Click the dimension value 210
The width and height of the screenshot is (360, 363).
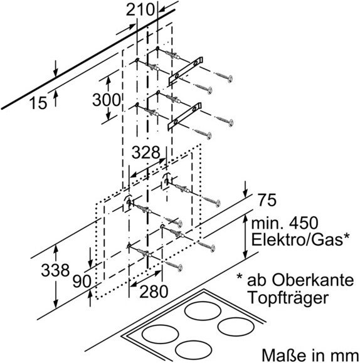click(x=140, y=10)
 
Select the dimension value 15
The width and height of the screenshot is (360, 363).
click(x=38, y=103)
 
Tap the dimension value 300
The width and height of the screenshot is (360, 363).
click(x=107, y=100)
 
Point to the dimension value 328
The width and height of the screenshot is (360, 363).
click(x=146, y=152)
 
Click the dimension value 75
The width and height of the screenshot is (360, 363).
click(x=267, y=200)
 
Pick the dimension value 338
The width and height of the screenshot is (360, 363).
click(x=55, y=270)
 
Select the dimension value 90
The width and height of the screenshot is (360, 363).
click(x=82, y=281)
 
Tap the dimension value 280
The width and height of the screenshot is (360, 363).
click(x=154, y=292)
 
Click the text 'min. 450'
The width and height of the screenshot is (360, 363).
click(x=285, y=223)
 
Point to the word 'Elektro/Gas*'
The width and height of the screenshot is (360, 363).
click(x=300, y=239)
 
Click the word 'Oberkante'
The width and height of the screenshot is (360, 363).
click(x=313, y=280)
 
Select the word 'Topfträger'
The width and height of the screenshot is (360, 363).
click(x=289, y=297)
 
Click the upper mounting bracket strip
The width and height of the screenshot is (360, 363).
click(x=186, y=70)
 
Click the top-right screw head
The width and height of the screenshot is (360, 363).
click(x=230, y=78)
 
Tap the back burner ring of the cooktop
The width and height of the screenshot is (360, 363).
click(x=203, y=311)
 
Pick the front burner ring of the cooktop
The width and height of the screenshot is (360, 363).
click(x=194, y=350)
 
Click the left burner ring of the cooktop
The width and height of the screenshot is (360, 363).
click(x=160, y=334)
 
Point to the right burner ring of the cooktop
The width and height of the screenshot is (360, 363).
click(x=236, y=327)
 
